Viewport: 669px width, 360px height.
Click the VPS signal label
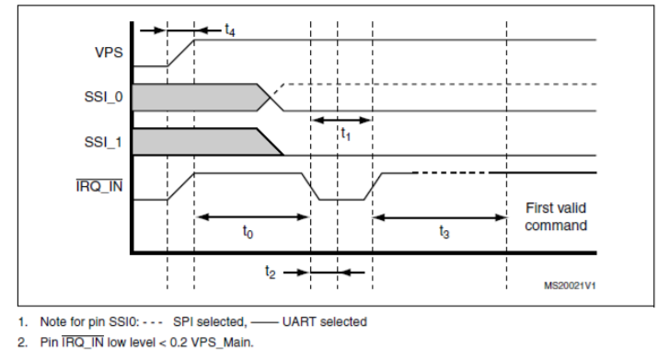click(x=109, y=52)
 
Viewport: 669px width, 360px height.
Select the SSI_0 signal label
click(x=104, y=98)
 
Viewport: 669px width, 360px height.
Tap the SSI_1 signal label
click(x=104, y=142)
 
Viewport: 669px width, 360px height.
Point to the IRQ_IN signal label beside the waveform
click(x=99, y=186)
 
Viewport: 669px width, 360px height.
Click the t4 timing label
click(x=229, y=29)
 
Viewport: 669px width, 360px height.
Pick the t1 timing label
click(x=345, y=134)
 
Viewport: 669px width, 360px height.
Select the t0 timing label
click(x=248, y=232)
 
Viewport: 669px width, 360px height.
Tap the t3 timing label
click(x=444, y=232)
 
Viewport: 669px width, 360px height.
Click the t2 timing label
click(x=270, y=272)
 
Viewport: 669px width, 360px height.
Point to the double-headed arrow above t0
click(x=252, y=217)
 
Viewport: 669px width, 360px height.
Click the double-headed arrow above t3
click(x=440, y=217)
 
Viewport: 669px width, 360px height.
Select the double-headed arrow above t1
click(x=341, y=120)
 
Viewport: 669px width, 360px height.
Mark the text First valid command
click(x=556, y=216)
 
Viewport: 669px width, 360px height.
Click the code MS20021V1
click(x=570, y=285)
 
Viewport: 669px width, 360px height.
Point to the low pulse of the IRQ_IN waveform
click(x=341, y=199)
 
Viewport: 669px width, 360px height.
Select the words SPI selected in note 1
click(x=210, y=321)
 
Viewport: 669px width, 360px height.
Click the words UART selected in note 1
click(x=324, y=321)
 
